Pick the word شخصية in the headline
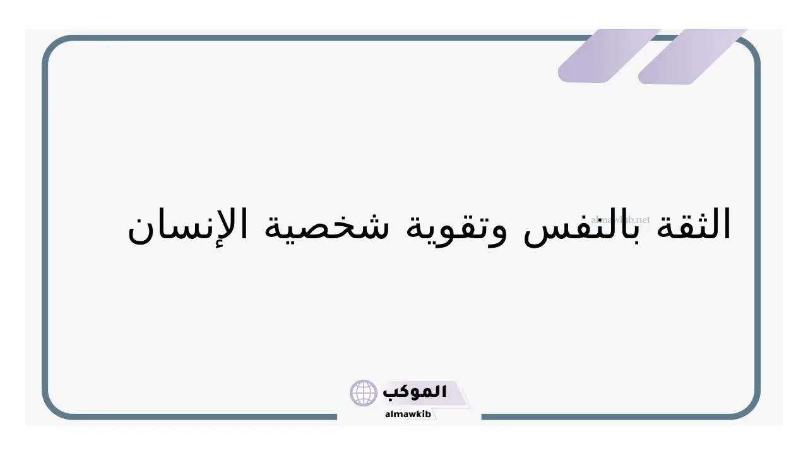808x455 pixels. coord(327,226)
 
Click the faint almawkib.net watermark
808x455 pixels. coord(621,219)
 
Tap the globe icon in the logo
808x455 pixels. coord(363,392)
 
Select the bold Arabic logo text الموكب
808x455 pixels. coord(415,392)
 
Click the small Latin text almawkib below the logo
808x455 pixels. coord(408,414)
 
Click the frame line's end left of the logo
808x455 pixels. coord(336,417)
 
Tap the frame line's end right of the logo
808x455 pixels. coord(482,417)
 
